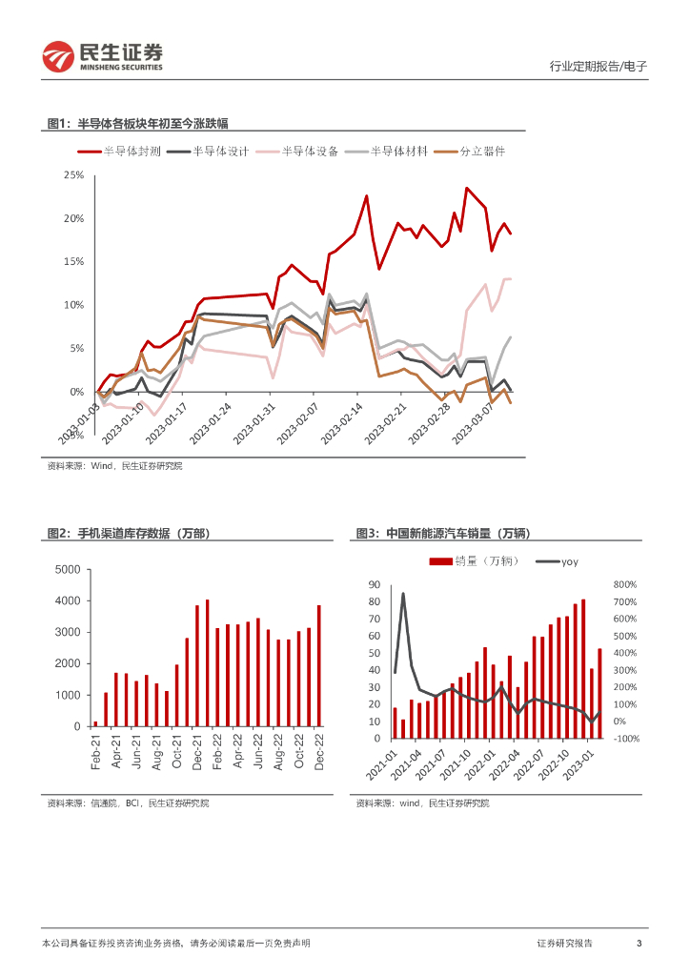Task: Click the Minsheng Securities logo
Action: tap(103, 56)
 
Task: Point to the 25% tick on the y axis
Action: tap(73, 175)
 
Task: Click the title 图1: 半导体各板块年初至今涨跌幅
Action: tap(138, 123)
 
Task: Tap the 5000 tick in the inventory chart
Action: tap(68, 570)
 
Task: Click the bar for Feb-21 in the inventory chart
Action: tap(95, 723)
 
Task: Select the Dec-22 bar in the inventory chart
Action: tap(319, 665)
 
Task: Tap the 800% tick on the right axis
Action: tap(625, 584)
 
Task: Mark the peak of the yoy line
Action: tap(403, 594)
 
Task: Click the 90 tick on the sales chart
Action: tap(375, 584)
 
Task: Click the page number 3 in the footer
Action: tap(639, 943)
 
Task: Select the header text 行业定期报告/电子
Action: tap(599, 66)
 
